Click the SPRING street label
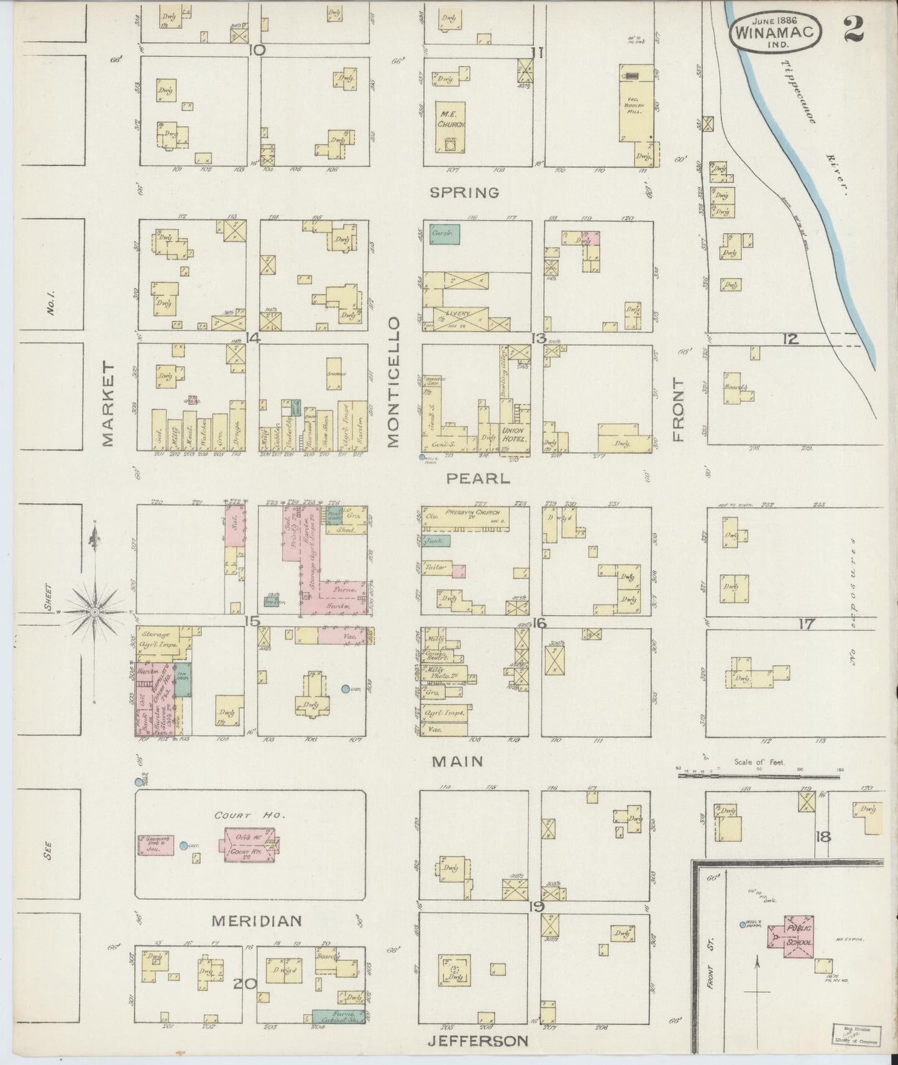pyautogui.click(x=465, y=193)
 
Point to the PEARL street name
pyautogui.click(x=478, y=479)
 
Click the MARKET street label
pyautogui.click(x=108, y=405)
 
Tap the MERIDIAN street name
pyautogui.click(x=256, y=921)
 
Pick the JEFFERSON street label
pyautogui.click(x=478, y=1041)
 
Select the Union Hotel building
pyautogui.click(x=513, y=433)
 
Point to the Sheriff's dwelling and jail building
pyautogui.click(x=155, y=845)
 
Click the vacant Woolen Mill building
pyautogui.click(x=636, y=103)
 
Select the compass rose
pyautogui.click(x=94, y=611)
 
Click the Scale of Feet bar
pyautogui.click(x=758, y=775)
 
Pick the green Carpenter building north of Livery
pyautogui.click(x=444, y=234)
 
